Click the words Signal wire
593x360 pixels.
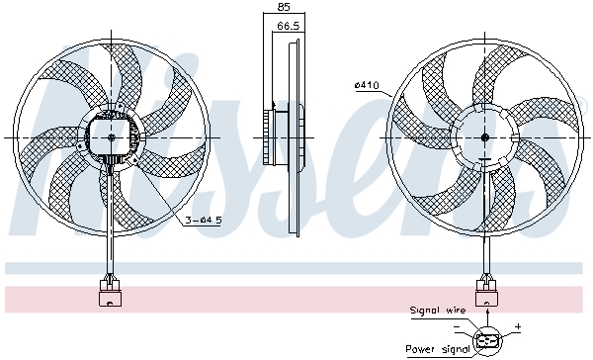[x=437, y=311]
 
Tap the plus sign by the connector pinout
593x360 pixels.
[x=517, y=325]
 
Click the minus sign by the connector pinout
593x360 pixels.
[x=457, y=325]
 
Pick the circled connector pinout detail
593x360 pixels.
[x=485, y=339]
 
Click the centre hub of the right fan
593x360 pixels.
[x=485, y=136]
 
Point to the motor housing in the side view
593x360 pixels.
[x=276, y=134]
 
